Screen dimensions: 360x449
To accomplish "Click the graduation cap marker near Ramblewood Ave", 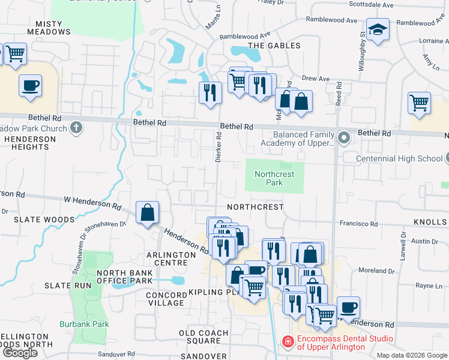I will click(x=378, y=30).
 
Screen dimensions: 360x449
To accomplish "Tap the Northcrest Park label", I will click(x=274, y=178).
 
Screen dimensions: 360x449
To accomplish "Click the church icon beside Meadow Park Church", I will click(x=76, y=127).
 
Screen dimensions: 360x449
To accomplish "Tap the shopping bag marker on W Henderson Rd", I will click(x=147, y=213).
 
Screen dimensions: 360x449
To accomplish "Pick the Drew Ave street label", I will click(x=316, y=79).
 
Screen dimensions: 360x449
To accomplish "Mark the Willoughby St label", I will click(x=362, y=51).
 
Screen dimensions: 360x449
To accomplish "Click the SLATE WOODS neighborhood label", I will click(x=44, y=220).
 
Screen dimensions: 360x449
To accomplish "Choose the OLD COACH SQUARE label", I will click(x=203, y=337).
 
